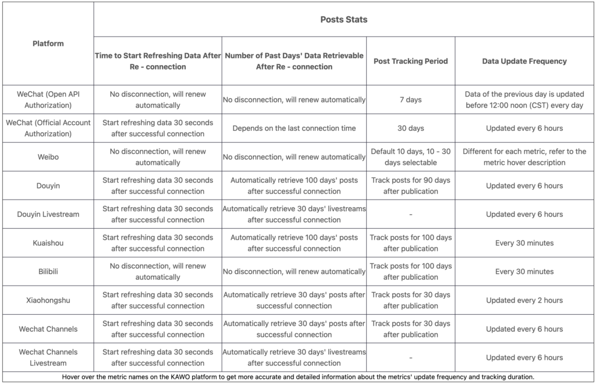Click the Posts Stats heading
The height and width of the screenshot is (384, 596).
point(343,19)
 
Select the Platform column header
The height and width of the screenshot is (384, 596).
point(48,44)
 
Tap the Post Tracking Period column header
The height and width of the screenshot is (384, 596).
point(410,61)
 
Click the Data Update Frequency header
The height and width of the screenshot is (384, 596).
point(524,61)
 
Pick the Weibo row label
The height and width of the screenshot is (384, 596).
point(48,157)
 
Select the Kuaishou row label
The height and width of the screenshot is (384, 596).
point(48,243)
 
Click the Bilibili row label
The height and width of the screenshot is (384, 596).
point(48,271)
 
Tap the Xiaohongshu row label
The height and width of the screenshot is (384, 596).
point(48,300)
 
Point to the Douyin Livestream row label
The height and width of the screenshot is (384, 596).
point(48,214)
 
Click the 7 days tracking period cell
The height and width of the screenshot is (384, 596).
point(410,99)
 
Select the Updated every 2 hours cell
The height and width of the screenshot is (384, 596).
point(524,300)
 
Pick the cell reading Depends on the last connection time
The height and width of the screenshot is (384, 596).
point(294,128)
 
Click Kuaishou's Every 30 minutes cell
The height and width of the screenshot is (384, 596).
point(524,243)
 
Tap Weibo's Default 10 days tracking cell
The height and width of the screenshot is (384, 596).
point(410,157)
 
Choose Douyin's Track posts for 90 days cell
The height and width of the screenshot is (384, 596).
point(410,186)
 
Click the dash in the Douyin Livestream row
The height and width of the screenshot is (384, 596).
point(410,214)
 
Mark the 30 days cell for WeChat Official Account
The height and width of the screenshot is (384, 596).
point(410,128)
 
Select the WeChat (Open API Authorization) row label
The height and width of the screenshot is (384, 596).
point(48,99)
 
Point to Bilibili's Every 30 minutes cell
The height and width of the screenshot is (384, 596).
point(524,271)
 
